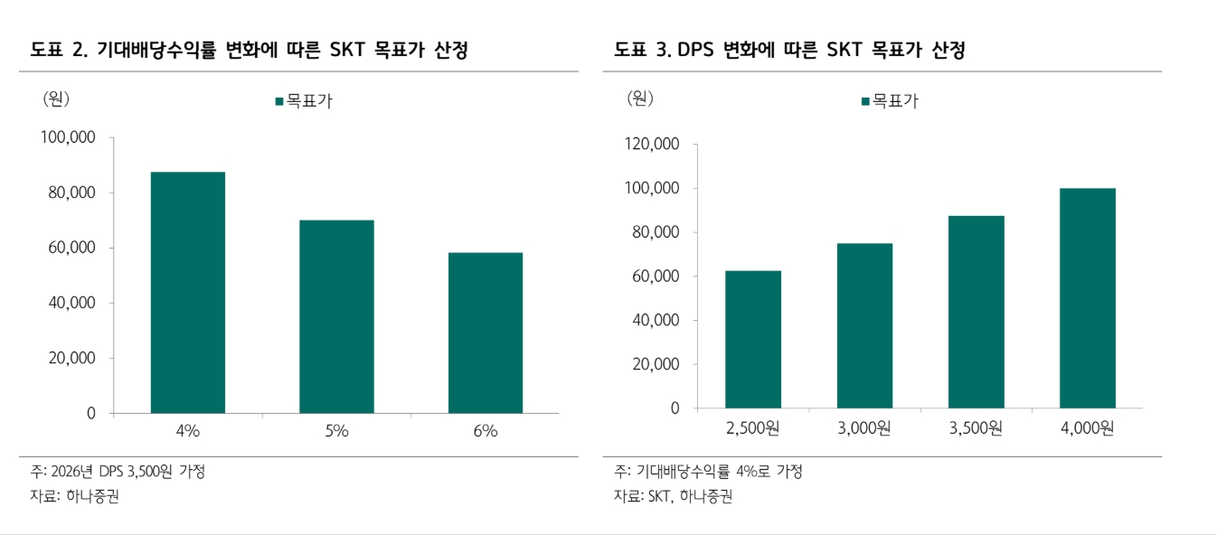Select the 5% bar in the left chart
coord(336,316)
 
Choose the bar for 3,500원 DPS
coord(976,312)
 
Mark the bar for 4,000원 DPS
coord(1087,298)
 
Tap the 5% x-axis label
coord(336,431)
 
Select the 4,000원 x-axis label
coord(1087,427)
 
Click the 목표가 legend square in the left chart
coord(279,102)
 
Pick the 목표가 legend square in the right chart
coord(865,102)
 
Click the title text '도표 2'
coord(59,51)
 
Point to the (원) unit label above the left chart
coord(56,99)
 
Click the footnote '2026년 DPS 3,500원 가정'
coord(129,472)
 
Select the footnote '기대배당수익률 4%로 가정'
coord(719,472)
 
